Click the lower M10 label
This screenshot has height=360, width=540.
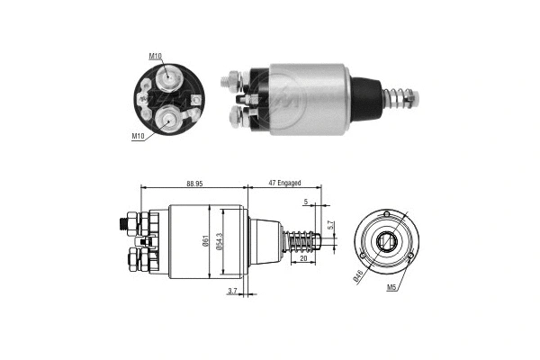click(x=138, y=136)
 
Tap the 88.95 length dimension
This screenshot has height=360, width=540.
click(x=193, y=184)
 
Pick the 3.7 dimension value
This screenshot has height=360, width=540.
click(x=232, y=291)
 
